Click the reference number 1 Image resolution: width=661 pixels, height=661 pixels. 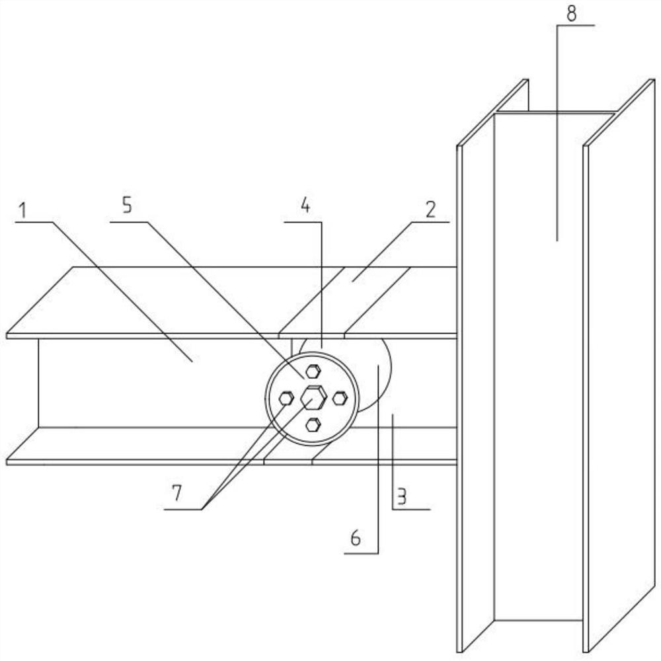pos(23,212)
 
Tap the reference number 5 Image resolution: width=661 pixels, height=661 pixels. pos(126,205)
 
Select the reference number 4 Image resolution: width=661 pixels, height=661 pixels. pos(305,206)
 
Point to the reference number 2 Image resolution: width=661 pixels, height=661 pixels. pos(430,211)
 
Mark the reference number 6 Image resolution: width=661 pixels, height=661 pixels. pos(356,539)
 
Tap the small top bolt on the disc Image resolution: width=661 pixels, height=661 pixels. pos(313,371)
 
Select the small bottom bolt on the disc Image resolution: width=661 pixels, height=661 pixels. pos(313,424)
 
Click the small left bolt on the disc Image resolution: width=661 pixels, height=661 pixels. pos(286,398)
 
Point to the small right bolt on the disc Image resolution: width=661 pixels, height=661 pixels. pos(339,398)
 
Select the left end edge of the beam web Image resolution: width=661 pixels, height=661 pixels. pos(38,383)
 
